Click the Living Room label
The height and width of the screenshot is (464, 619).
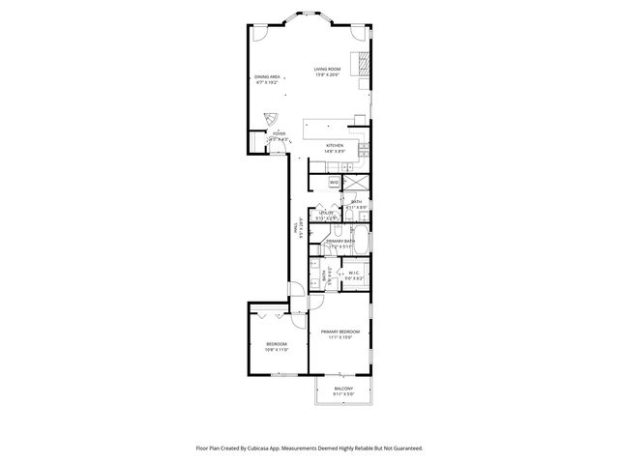click(327, 70)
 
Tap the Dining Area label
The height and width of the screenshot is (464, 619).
click(267, 76)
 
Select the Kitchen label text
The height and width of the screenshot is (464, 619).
click(334, 146)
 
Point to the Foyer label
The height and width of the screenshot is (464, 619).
click(279, 134)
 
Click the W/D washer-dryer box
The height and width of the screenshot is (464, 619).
click(334, 182)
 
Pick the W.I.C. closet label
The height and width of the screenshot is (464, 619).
click(354, 274)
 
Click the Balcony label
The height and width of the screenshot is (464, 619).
click(343, 389)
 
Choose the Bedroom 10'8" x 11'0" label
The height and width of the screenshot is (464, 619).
click(277, 344)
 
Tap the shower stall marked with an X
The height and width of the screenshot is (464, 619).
click(356, 182)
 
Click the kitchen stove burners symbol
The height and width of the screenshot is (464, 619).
click(365, 148)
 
